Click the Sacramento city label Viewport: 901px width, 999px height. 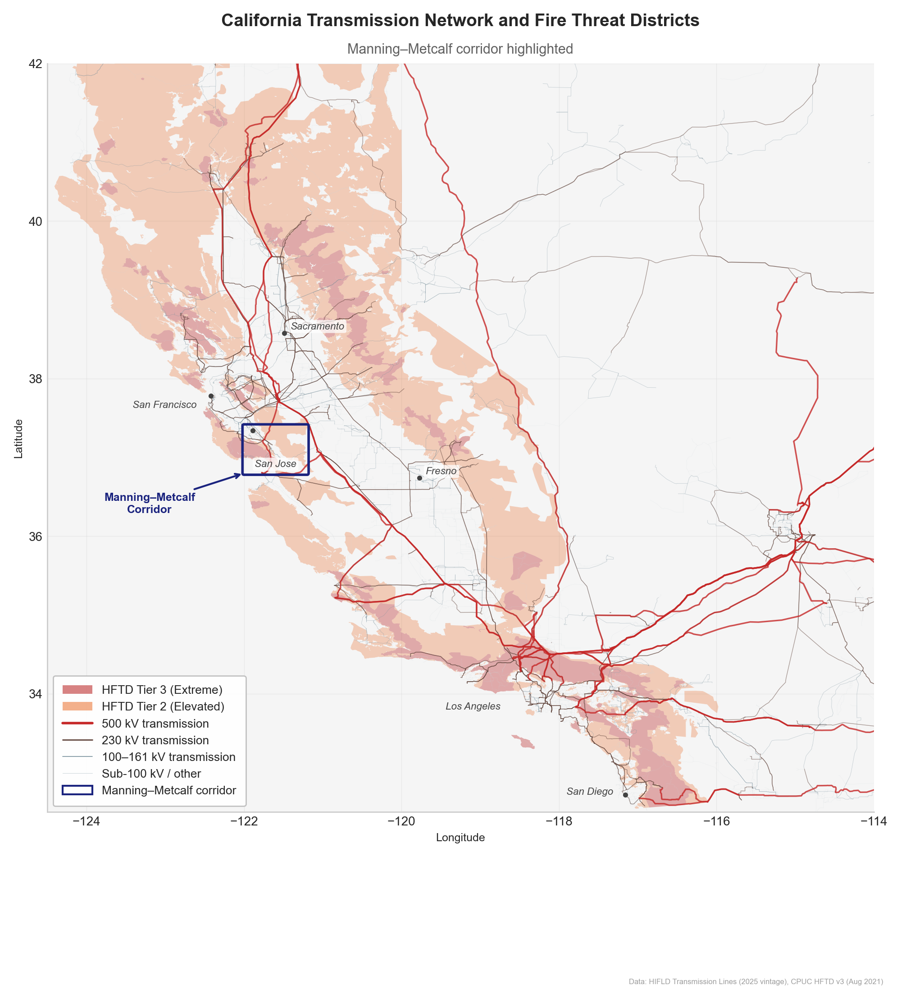[x=317, y=326]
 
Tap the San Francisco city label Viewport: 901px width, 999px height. [x=165, y=405]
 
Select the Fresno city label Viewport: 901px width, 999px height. [x=441, y=471]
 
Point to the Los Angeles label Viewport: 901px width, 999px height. [x=473, y=706]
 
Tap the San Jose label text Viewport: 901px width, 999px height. [x=276, y=463]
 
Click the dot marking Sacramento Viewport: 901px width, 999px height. [x=284, y=333]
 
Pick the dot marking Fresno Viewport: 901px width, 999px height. [x=419, y=478]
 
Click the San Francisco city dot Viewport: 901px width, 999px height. [x=211, y=396]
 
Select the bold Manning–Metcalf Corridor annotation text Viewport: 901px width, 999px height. [x=150, y=503]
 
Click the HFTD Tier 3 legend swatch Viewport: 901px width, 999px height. [x=77, y=690]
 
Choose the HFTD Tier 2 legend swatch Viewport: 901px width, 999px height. [x=77, y=706]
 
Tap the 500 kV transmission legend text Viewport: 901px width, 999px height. [x=155, y=724]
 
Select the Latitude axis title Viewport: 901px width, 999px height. [x=18, y=439]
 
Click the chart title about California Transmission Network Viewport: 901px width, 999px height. [x=460, y=20]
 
